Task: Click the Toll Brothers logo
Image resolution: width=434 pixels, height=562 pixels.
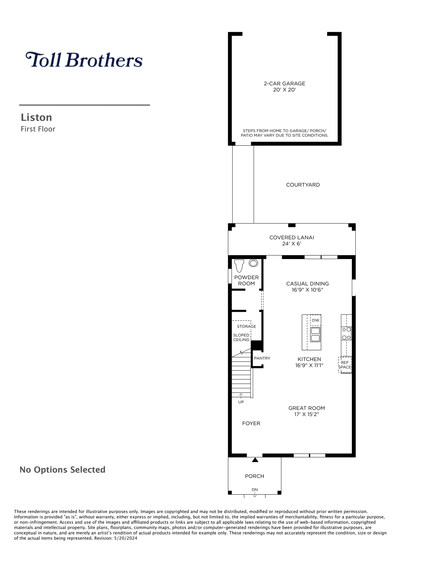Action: [x=84, y=60]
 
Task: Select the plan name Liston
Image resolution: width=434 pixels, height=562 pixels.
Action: [x=36, y=117]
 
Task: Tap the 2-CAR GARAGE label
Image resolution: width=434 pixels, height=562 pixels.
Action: [x=285, y=83]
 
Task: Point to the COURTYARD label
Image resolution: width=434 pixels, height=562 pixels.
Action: [x=303, y=185]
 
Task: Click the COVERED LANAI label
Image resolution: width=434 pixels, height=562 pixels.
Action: [x=292, y=237]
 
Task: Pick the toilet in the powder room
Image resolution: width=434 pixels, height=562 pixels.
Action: [x=240, y=266]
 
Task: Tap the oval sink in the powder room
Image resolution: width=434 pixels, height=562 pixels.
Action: [x=253, y=263]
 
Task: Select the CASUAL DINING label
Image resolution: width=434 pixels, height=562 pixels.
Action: [x=308, y=283]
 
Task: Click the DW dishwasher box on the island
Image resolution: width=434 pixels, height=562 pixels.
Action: [x=316, y=320]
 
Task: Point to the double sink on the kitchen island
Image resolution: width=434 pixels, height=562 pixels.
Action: [x=315, y=335]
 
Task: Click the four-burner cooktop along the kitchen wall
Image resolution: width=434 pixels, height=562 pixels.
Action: [x=346, y=333]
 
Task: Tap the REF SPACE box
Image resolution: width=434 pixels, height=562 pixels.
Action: [x=345, y=365]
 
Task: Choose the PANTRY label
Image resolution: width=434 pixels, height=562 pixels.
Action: [x=262, y=358]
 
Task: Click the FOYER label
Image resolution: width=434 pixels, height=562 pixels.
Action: [x=251, y=423]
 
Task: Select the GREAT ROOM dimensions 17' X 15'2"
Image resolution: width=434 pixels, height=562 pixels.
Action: [x=307, y=414]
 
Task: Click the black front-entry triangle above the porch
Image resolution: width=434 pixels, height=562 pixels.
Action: [x=255, y=460]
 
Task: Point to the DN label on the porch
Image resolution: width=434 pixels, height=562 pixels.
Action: [x=255, y=490]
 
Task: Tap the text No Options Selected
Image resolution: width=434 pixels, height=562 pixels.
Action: [x=63, y=470]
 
